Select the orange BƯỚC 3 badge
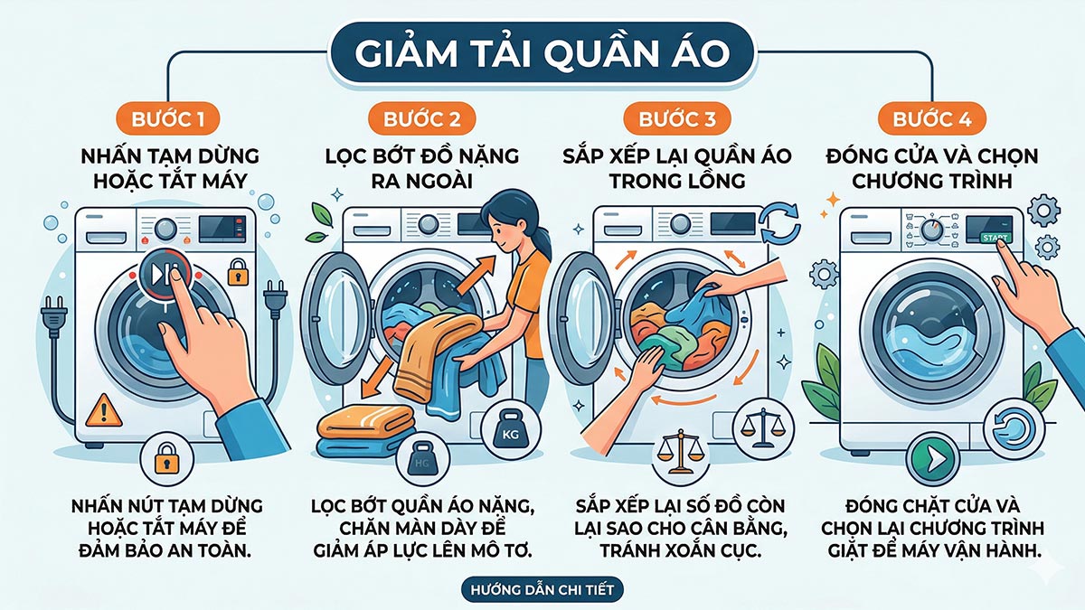(676, 118)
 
